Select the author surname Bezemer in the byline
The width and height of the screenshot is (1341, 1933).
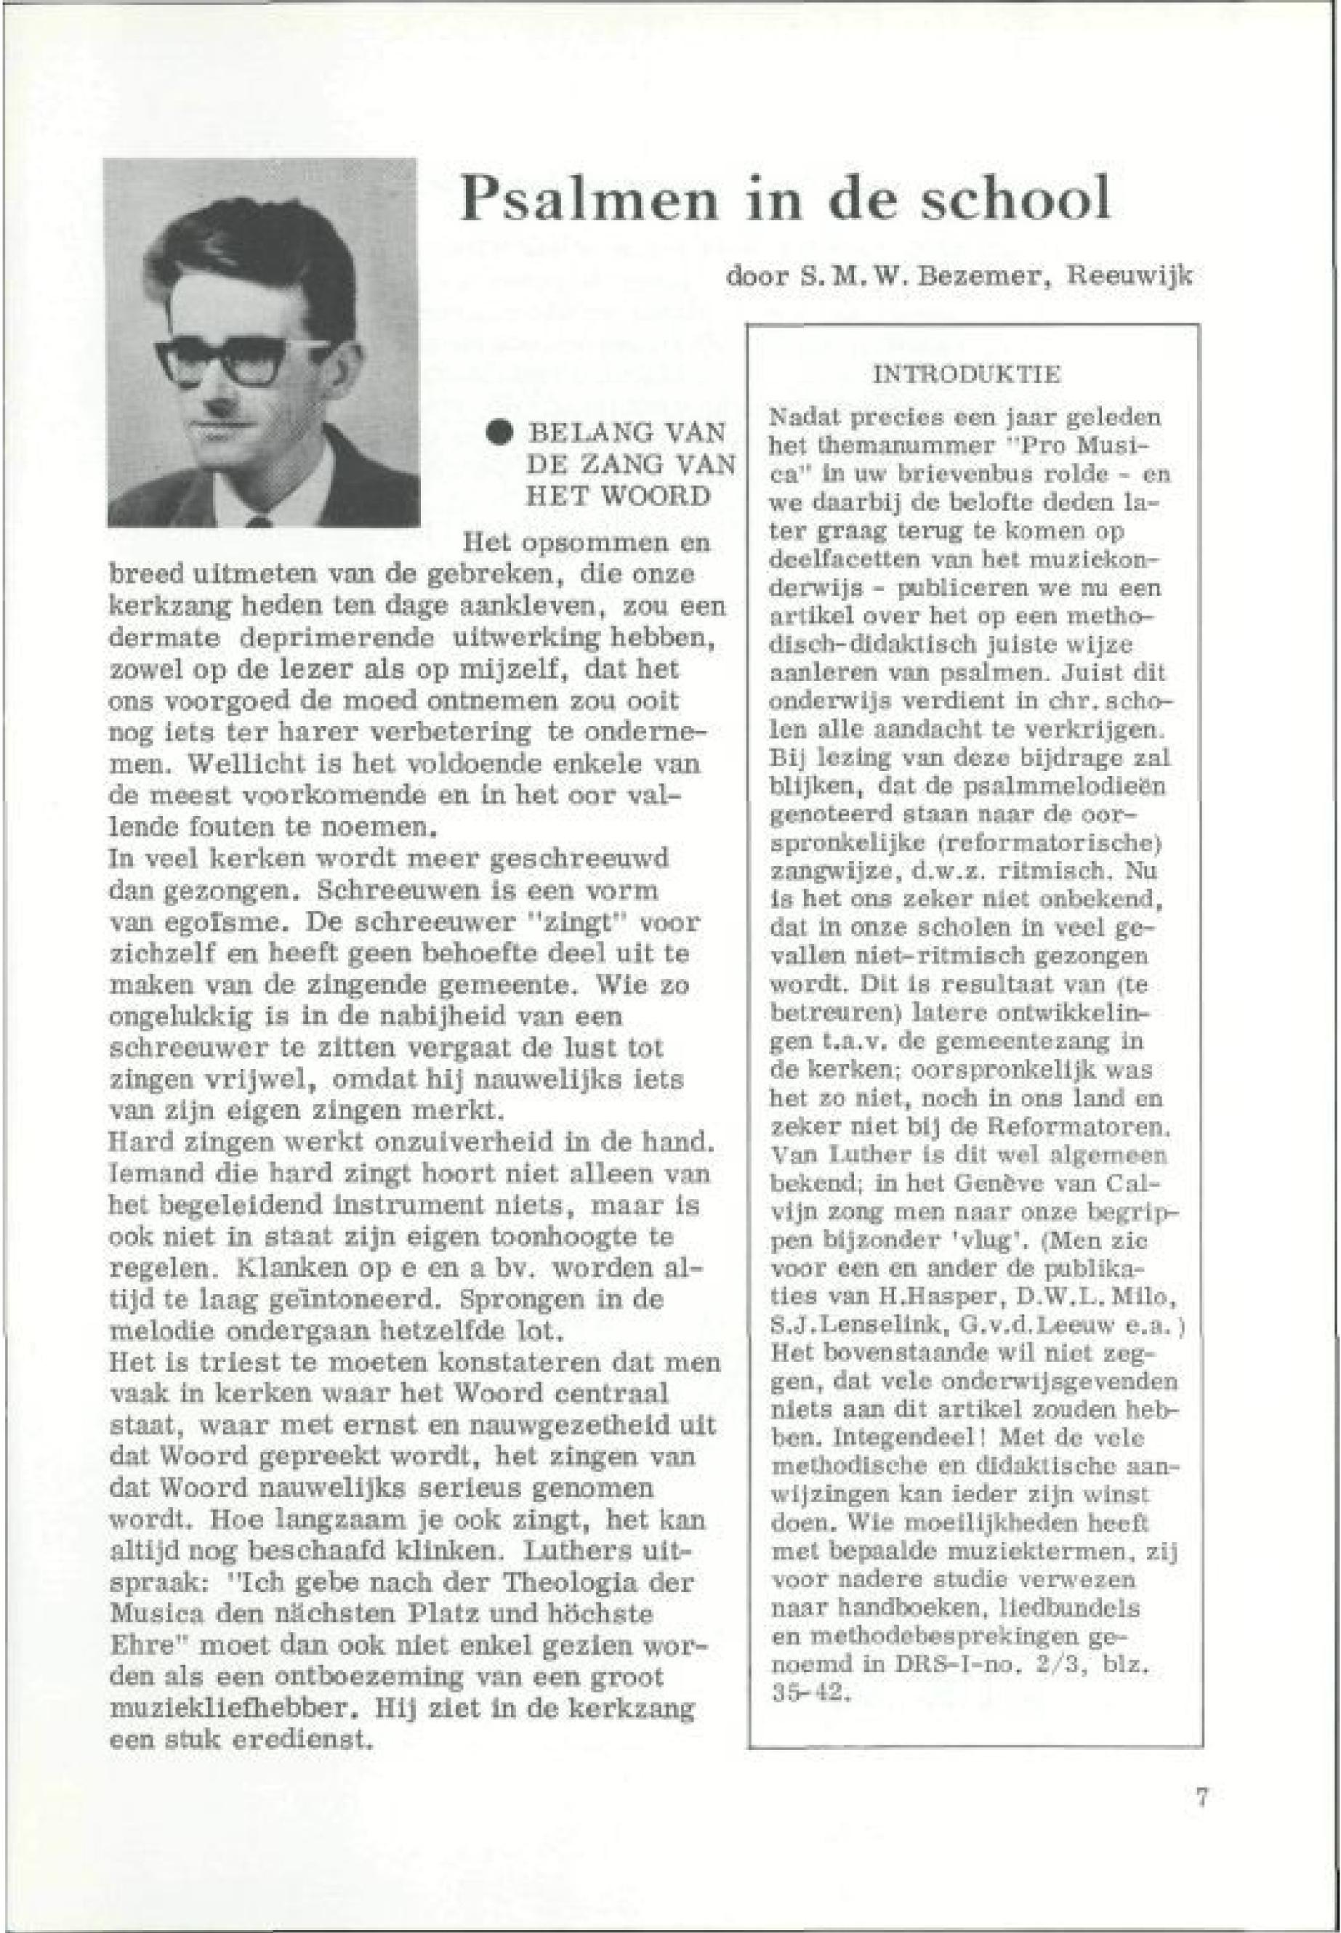961,275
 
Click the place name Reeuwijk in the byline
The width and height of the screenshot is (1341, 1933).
1129,275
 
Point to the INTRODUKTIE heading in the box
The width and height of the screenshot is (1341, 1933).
966,375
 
